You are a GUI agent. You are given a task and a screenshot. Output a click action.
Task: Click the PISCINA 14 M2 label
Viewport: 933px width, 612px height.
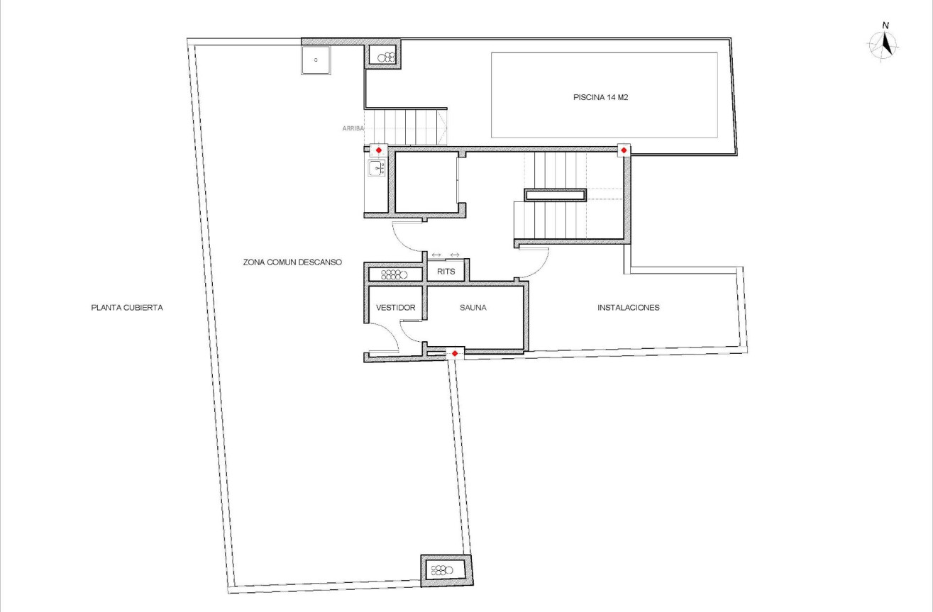click(x=601, y=98)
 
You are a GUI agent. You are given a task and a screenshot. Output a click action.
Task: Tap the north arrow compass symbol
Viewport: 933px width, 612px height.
click(x=885, y=45)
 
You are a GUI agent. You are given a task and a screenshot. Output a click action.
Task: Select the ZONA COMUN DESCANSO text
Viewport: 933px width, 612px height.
click(x=292, y=262)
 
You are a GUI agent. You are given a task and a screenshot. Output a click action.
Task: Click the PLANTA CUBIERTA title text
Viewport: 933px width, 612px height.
click(x=128, y=308)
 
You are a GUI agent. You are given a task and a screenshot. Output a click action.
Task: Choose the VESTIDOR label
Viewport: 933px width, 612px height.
click(x=395, y=308)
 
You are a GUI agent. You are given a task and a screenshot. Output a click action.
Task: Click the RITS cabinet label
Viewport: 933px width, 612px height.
click(x=446, y=272)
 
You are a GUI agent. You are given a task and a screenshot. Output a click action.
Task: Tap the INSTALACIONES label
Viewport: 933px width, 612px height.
click(x=629, y=308)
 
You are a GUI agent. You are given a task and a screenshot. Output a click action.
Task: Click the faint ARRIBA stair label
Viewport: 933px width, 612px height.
click(x=353, y=128)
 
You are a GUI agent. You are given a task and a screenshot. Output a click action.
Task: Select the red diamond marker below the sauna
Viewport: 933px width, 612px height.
click(x=455, y=353)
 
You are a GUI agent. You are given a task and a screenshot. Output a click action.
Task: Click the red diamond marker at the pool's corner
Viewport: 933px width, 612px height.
click(x=623, y=150)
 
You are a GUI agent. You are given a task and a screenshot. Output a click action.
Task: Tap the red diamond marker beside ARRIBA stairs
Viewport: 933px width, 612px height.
click(x=378, y=150)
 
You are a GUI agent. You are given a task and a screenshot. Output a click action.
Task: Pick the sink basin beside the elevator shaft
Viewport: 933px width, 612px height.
click(x=375, y=169)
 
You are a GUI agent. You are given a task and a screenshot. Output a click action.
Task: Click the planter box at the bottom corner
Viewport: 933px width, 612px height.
click(x=446, y=569)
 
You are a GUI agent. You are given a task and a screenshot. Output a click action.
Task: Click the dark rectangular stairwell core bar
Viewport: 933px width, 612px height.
click(x=556, y=195)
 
